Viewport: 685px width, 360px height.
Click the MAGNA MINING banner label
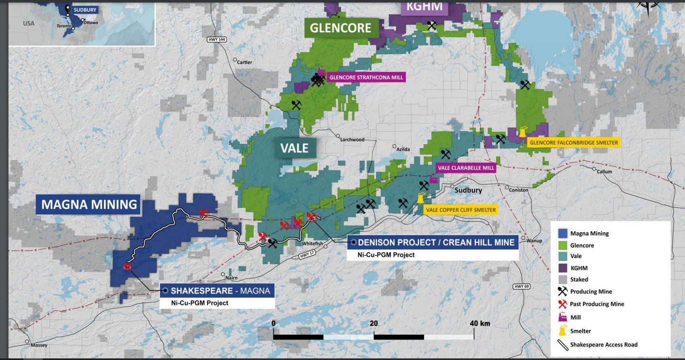89,204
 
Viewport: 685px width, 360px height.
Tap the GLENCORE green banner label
340,28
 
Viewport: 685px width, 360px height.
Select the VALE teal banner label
294,148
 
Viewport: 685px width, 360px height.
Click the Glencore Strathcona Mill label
366,78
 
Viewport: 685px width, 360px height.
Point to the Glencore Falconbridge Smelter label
573,143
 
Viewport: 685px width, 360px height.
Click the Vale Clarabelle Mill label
466,168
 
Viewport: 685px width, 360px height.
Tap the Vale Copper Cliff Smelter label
460,210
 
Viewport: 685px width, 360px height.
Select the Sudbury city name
468,190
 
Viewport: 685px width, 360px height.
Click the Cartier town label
244,62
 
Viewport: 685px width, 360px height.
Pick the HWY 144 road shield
217,40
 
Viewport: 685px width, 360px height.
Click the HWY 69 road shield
521,286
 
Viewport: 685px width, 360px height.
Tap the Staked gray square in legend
563,280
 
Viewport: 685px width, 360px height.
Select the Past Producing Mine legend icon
563,304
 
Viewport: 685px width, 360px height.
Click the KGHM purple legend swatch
563,268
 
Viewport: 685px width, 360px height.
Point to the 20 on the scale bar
374,323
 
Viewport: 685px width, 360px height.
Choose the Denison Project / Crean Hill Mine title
436,242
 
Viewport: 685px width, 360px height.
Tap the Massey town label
39,345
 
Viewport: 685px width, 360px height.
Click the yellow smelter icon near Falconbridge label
523,132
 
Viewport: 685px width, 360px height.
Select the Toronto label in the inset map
64,26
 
